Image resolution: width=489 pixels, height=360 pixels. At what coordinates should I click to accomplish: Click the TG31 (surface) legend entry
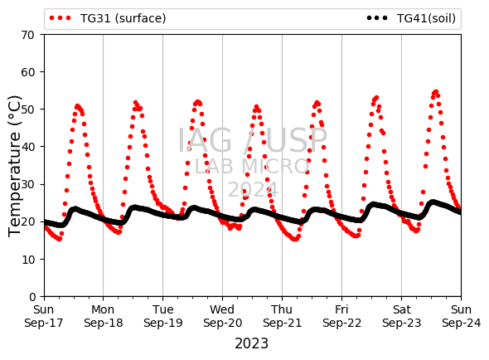[x=108, y=18]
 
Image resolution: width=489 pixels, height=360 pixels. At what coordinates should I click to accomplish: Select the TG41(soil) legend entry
[x=411, y=18]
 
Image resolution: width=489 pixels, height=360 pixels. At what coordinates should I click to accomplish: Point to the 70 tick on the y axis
[x=27, y=35]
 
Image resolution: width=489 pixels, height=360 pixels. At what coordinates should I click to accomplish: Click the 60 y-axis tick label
[x=27, y=72]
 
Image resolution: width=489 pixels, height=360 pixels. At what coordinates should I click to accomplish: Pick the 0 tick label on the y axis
[x=32, y=297]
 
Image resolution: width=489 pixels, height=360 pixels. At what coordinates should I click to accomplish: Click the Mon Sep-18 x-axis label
[x=104, y=316]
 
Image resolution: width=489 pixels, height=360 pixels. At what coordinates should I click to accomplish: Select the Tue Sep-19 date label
[x=162, y=316]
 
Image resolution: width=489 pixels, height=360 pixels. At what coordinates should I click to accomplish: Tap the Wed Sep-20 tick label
[x=222, y=316]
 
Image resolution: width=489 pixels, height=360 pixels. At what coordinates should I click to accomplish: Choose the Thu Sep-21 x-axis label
[x=282, y=316]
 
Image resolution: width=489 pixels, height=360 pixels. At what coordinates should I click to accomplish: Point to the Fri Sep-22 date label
[x=341, y=316]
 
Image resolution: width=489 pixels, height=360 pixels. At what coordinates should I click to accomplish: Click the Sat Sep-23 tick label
[x=401, y=316]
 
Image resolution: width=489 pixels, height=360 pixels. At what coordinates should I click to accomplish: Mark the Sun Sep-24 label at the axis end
[x=461, y=316]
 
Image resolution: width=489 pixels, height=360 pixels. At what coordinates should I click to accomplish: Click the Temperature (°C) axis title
[x=14, y=166]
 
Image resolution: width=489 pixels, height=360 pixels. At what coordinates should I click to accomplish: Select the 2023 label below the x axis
[x=251, y=343]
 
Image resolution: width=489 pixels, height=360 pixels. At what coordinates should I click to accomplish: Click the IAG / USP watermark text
[x=252, y=140]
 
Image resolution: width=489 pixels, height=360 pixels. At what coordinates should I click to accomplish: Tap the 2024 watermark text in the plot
[x=253, y=189]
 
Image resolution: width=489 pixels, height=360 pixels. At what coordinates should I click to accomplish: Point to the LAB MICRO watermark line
[x=252, y=166]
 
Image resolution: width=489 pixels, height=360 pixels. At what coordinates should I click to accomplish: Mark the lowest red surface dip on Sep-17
[x=59, y=239]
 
